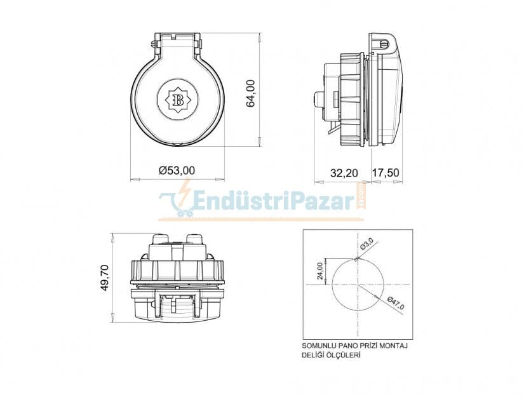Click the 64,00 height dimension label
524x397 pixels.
click(251, 93)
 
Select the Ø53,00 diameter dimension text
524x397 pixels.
click(177, 170)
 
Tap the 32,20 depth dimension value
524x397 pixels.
click(344, 172)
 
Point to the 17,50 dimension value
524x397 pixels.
click(386, 172)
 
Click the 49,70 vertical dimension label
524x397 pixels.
click(106, 278)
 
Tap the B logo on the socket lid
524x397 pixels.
click(178, 99)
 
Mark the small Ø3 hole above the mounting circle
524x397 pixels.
click(358, 258)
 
